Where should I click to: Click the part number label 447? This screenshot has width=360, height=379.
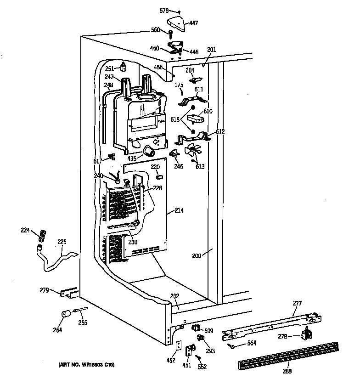tap(195, 23)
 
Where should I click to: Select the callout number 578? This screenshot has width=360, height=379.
tap(164, 10)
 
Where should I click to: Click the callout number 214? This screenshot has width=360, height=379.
tap(179, 211)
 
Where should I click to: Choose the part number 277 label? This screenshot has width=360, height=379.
tap(298, 303)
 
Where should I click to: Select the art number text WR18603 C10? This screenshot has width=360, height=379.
tap(87, 365)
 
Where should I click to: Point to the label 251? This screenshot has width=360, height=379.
tap(109, 68)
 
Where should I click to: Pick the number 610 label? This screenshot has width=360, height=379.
tap(208, 111)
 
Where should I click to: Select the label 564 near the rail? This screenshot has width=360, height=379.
tap(252, 343)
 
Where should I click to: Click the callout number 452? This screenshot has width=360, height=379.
tap(171, 360)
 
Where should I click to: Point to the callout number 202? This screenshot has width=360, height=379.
tap(175, 296)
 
